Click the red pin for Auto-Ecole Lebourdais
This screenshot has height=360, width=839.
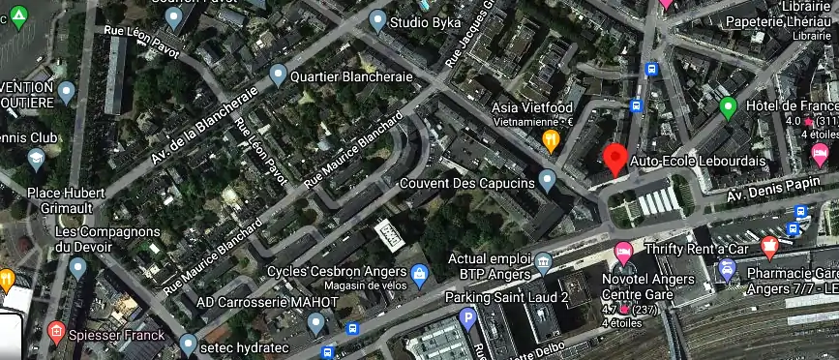(x=614, y=159)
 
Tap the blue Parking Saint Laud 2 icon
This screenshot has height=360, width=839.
(x=468, y=317)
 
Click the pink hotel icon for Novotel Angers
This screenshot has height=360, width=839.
(x=624, y=254)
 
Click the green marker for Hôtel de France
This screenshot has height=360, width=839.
(x=729, y=106)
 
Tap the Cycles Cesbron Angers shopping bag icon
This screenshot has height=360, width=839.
(x=419, y=275)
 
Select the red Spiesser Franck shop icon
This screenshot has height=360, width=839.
(x=55, y=335)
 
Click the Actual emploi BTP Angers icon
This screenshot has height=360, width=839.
(x=543, y=261)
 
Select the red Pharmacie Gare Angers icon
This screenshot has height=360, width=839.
(x=769, y=248)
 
